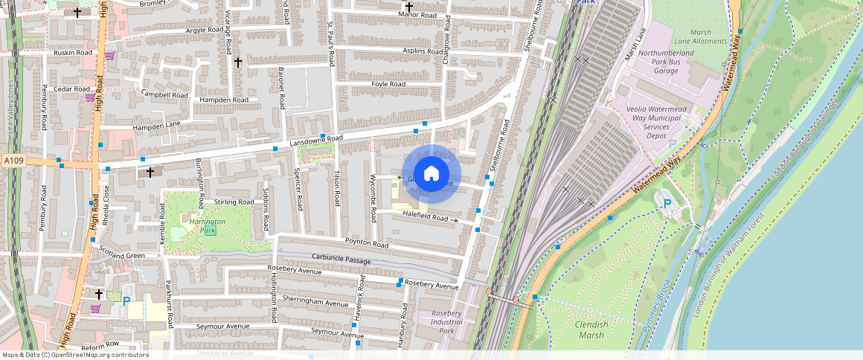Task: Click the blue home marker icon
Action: (x=431, y=175)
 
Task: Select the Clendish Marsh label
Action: (x=591, y=330)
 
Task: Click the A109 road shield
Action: (x=13, y=161)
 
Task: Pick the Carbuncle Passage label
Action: (x=341, y=261)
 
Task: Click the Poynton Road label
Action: (x=366, y=244)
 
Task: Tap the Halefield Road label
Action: (x=426, y=217)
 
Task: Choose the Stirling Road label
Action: (x=234, y=202)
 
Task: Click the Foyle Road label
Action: (x=388, y=85)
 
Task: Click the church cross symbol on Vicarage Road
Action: (x=238, y=63)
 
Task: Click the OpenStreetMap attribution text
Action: (x=76, y=355)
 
